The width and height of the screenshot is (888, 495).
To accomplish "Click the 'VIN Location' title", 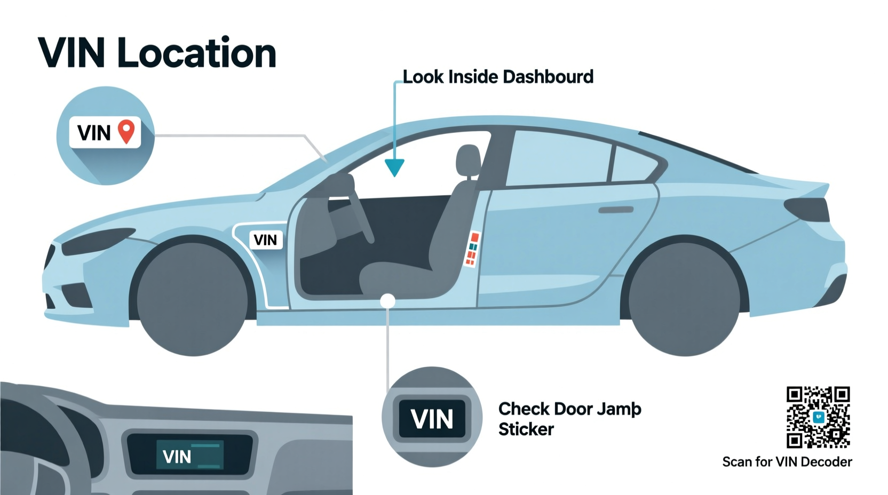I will [x=157, y=53].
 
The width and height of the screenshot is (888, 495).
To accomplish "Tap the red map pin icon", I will [x=126, y=131].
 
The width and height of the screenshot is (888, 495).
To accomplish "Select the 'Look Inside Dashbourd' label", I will [x=497, y=77].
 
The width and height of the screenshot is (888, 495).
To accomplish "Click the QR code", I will [x=818, y=417].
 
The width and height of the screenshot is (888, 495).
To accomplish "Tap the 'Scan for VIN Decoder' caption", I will [x=787, y=461].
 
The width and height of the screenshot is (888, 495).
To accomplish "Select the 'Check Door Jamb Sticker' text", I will [x=569, y=419].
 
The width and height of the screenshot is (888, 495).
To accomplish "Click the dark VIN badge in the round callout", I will [x=432, y=419].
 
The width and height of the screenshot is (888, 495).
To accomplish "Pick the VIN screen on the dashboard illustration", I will [x=189, y=455].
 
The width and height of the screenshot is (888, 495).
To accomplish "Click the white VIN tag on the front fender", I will [x=265, y=240].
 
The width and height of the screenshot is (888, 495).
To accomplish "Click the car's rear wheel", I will [x=684, y=299].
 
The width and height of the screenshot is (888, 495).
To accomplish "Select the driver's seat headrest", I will [x=468, y=159].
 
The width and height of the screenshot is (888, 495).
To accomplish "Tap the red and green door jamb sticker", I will [x=472, y=249].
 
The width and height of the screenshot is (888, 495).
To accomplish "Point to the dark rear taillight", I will [x=808, y=209].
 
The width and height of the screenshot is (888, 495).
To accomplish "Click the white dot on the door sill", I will [x=387, y=301].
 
